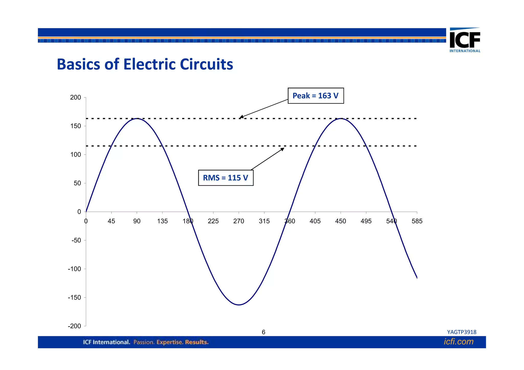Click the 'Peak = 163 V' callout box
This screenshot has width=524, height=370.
pos(315,96)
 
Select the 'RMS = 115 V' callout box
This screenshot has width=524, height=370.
pos(226,178)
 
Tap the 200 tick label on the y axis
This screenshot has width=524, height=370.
pos(75,97)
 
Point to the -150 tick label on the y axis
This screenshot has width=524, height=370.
pos(74,297)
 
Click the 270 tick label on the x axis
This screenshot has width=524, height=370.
pos(238,221)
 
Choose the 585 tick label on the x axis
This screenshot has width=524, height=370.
pos(417,221)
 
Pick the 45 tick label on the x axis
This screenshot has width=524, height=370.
pos(111,221)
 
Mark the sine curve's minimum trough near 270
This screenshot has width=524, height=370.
pos(238,305)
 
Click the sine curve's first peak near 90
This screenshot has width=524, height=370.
pos(137,119)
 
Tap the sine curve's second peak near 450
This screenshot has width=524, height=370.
pos(341,119)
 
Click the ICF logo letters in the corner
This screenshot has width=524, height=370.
pos(465,40)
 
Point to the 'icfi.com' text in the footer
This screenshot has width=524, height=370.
pos(458,342)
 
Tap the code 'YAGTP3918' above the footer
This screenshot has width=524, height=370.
pos(462,332)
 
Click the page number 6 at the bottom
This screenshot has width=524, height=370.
pos(263,332)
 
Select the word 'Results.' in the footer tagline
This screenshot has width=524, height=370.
pos(197,342)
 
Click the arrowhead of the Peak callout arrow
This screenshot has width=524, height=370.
pos(241,117)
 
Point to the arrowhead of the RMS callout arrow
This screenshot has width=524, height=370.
pos(283,149)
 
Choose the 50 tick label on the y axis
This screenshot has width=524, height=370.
pos(77,183)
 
